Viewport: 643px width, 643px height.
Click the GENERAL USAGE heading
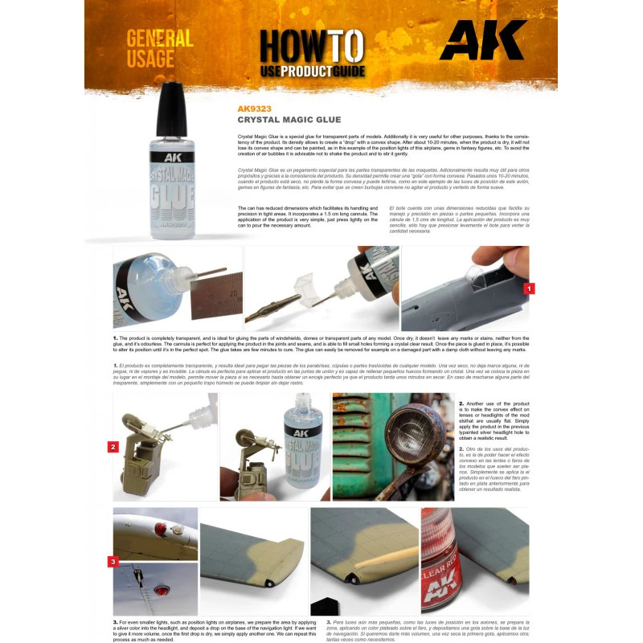pyautogui.click(x=159, y=48)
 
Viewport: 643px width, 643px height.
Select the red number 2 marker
pyautogui.click(x=113, y=446)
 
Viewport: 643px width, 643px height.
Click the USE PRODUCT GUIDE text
pyautogui.click(x=313, y=72)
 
